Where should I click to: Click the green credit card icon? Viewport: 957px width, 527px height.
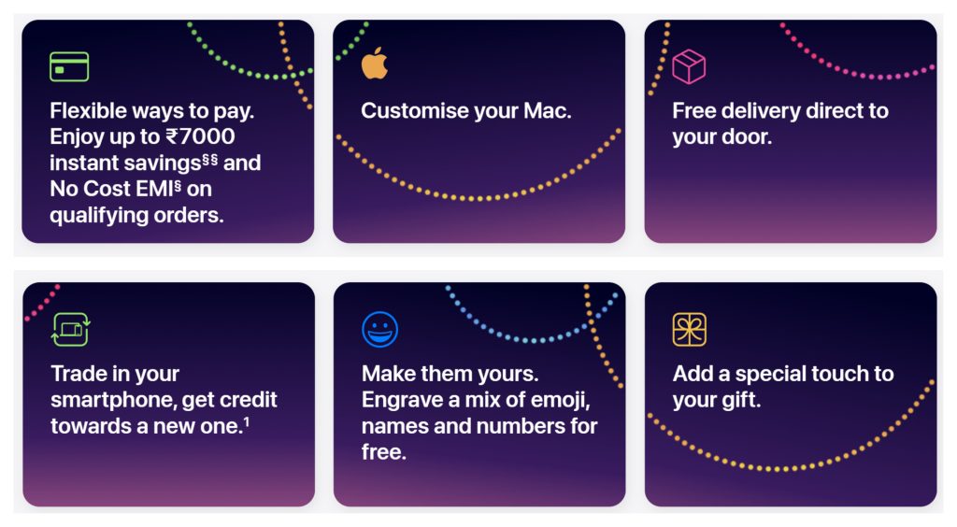coord(69,66)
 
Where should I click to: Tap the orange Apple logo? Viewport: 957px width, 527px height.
coord(374,64)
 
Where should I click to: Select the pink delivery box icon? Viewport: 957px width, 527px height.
coord(689,66)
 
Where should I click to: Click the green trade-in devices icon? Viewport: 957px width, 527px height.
coord(71,329)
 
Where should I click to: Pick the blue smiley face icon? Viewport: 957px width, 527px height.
coord(379,329)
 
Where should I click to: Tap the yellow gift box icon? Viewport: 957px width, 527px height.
coord(689,329)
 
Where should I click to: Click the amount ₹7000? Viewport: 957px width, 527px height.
coord(200,136)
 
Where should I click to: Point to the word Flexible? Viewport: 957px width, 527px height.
coord(89,110)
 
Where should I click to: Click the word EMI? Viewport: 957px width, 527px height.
coord(155,189)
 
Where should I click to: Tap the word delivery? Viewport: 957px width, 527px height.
coord(761,110)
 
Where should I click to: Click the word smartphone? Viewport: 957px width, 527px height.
coord(113,400)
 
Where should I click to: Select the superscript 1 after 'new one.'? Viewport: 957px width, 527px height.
coord(246,420)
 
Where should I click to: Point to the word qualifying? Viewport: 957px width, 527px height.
coord(99,215)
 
